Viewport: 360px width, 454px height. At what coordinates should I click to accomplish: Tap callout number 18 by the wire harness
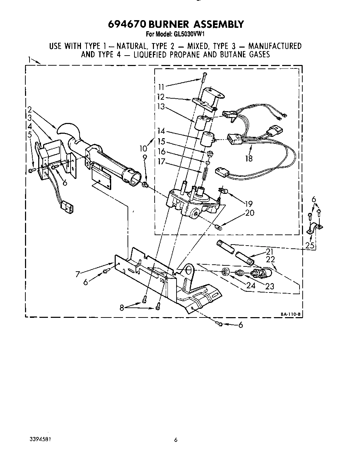click(248, 158)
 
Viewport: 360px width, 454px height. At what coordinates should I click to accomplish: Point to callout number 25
click(310, 246)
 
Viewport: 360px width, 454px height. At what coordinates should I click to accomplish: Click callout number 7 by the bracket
click(78, 274)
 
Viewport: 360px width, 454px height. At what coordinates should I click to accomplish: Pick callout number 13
click(161, 107)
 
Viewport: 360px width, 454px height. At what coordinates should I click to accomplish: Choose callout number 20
click(250, 213)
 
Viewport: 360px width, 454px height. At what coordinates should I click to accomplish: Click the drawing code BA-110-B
click(290, 314)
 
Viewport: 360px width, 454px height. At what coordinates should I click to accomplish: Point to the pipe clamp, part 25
click(315, 228)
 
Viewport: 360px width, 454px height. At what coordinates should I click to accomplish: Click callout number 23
click(269, 286)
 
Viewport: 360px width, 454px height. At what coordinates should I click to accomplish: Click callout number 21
click(270, 251)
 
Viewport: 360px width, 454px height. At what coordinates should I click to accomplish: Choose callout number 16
click(161, 152)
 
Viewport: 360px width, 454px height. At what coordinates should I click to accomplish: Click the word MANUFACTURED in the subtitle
click(275, 46)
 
